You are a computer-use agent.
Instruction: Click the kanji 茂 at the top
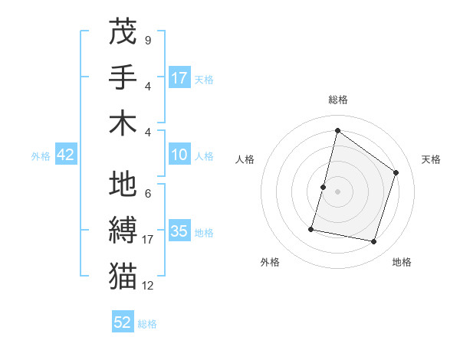pos(123,31)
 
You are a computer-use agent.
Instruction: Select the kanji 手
pos(123,77)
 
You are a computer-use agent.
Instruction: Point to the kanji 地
pos(123,185)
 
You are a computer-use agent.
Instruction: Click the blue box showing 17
pos(179,77)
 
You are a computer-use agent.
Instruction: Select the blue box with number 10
pos(179,155)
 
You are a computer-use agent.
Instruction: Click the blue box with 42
pos(66,155)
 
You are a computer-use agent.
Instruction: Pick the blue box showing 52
pos(123,322)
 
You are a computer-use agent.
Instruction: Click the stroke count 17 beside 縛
pos(148,240)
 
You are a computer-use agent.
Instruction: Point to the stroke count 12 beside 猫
pos(148,286)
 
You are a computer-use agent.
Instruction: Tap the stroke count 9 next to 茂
pos(147,39)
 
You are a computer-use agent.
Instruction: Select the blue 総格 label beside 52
pos(148,324)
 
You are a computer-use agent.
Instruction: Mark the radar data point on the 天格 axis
pos(396,172)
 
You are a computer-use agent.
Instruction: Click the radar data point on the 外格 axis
pos(311,229)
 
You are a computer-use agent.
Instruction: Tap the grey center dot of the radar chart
pos(337,191)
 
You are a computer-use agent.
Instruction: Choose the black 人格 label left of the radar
pos(245,159)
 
